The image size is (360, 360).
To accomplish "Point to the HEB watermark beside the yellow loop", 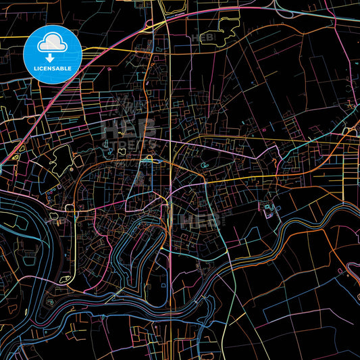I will click(205, 38).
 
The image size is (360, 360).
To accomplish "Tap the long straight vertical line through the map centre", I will click(170, 203).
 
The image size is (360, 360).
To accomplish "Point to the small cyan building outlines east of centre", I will click(271, 209).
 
